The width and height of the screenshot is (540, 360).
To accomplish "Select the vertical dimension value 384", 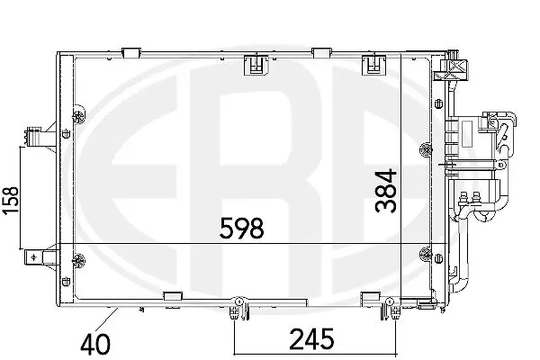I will tap(385, 190).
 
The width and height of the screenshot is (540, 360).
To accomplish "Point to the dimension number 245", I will tap(310, 339).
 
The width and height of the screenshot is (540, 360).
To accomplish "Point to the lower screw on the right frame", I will tap(425, 249).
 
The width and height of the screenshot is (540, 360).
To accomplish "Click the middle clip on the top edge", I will tap(255, 63).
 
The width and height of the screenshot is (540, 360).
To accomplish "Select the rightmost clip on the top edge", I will tap(370, 63).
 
